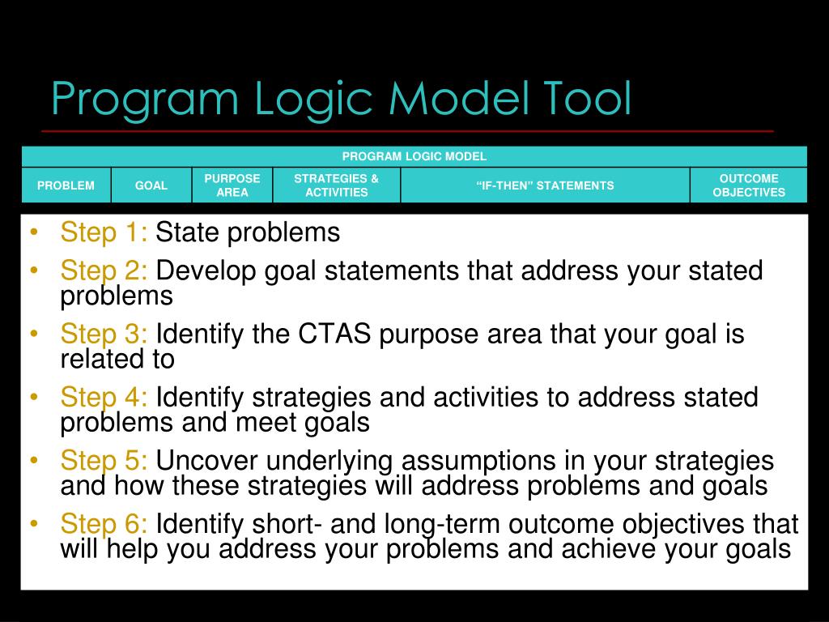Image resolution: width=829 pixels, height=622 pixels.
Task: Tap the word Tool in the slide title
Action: (582, 99)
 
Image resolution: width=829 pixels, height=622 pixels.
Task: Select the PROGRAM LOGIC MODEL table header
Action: (414, 156)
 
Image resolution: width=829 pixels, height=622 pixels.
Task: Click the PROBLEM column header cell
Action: (66, 185)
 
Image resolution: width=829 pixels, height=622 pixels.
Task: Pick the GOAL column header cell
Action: (151, 185)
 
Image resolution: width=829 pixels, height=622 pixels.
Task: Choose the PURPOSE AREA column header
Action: (232, 185)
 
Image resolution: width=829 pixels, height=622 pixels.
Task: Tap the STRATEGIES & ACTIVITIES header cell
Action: (336, 185)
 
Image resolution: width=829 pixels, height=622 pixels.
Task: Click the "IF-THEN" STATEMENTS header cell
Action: (545, 185)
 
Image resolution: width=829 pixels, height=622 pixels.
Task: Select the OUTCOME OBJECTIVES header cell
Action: (749, 185)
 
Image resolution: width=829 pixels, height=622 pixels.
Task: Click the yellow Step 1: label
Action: (104, 233)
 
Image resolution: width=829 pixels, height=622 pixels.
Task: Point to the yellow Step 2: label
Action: (104, 271)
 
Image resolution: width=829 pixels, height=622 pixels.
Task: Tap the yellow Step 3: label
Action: (104, 334)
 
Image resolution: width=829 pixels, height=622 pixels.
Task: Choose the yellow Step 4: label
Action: (104, 398)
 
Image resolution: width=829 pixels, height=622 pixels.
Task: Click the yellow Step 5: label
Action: (104, 462)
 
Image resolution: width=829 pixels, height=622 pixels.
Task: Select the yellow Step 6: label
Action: (104, 524)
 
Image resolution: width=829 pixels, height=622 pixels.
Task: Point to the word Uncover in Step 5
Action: (207, 462)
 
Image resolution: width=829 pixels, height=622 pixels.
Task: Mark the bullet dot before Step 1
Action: (33, 234)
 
